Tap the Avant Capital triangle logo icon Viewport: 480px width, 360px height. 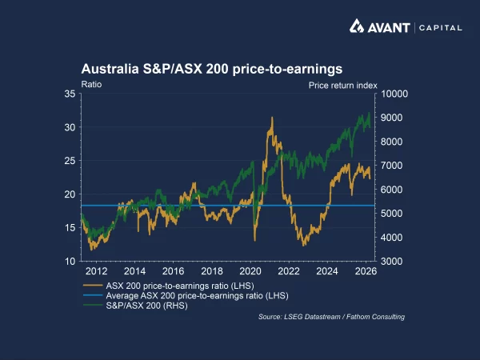click(358, 27)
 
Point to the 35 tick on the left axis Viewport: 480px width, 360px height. click(70, 94)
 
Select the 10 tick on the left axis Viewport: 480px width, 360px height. click(70, 262)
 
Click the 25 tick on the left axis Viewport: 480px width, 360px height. click(70, 161)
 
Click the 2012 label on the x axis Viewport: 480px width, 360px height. click(97, 272)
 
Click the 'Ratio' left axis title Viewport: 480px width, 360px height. click(91, 83)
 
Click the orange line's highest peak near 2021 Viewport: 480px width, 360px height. click(272, 118)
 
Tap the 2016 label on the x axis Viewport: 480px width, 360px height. click(174, 272)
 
